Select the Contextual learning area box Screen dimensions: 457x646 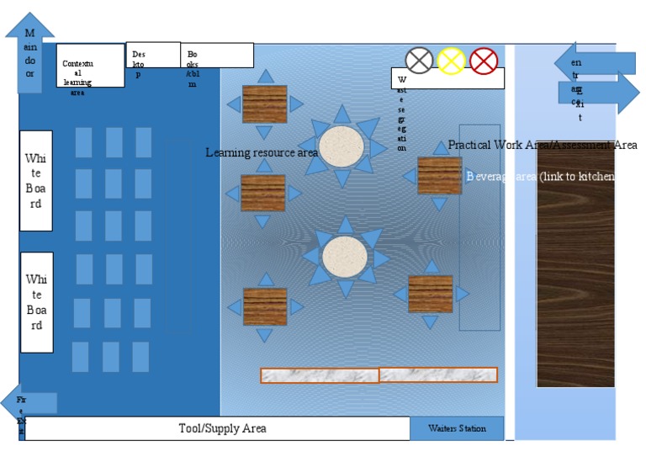pos(90,66)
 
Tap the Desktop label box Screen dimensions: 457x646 pos(152,55)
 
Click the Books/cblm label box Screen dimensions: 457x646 pos(217,56)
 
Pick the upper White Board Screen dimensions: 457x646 pos(36,180)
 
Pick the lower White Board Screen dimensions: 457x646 pos(36,302)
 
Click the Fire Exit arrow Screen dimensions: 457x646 pos(29,403)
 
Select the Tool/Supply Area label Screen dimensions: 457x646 pos(222,428)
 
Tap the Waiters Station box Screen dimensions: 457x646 pos(457,428)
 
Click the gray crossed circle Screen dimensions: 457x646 pos(419,61)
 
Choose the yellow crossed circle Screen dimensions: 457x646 pos(452,61)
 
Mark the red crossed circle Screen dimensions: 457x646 pos(484,61)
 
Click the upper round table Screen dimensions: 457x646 pos(341,146)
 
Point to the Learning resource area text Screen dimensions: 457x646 pos(262,152)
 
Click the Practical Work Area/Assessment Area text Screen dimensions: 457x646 pos(543,145)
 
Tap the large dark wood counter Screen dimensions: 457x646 pos(575,264)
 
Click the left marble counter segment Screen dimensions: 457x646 pos(319,375)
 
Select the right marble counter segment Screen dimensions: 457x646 pos(437,375)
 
